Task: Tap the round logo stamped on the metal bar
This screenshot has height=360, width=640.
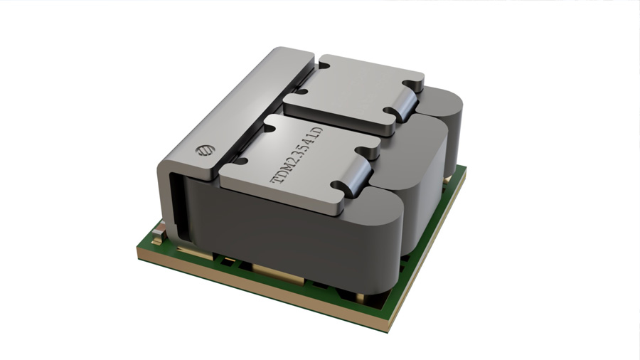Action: coord(203,151)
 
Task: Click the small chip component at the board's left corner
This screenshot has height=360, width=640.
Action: coord(158,234)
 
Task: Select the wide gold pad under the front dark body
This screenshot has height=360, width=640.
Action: coord(278,272)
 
